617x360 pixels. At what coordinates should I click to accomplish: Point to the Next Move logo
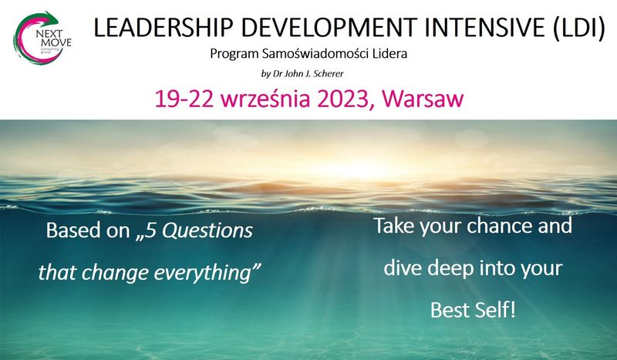[x=42, y=38]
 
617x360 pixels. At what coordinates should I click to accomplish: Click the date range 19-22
[x=184, y=99]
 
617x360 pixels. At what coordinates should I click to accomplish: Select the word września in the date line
[x=265, y=99]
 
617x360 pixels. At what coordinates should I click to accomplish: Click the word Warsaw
[x=423, y=99]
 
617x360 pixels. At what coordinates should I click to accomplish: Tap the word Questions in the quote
[x=207, y=231]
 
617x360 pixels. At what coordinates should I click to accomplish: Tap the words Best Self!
[x=473, y=310]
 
